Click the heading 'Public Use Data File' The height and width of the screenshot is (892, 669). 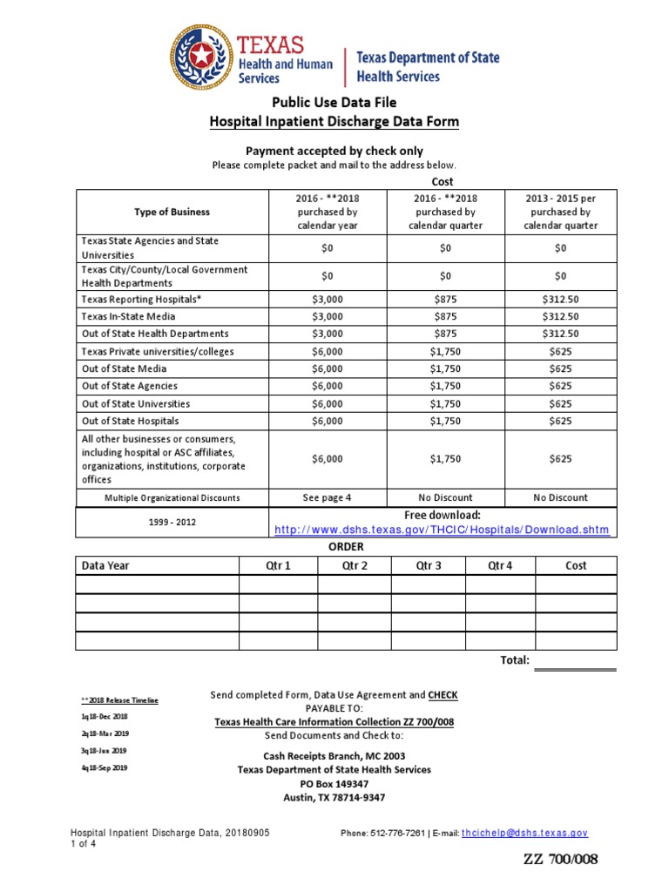[x=334, y=103]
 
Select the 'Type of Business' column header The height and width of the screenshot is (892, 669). [x=172, y=212]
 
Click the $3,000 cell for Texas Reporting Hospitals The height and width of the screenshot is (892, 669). [x=327, y=300]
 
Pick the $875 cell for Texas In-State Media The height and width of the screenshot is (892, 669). [x=445, y=316]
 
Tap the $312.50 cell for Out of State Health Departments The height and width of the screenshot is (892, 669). [x=560, y=334]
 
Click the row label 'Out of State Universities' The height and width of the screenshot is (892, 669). [x=135, y=404]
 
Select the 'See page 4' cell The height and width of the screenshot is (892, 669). [x=327, y=497]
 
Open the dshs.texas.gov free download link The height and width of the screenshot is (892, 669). [x=442, y=530]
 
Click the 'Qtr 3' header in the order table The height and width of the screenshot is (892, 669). [x=428, y=565]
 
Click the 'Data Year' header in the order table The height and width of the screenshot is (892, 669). [x=105, y=565]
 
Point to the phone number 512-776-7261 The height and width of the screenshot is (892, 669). [x=383, y=834]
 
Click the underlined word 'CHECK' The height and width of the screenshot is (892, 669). [x=443, y=695]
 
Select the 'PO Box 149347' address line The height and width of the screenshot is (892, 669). [x=334, y=783]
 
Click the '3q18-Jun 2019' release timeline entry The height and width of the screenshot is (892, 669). [x=104, y=751]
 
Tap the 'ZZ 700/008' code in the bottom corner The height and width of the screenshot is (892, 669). [x=560, y=860]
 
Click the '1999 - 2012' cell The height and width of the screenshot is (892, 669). [x=172, y=523]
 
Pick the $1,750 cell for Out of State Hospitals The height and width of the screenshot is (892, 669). [x=445, y=422]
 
